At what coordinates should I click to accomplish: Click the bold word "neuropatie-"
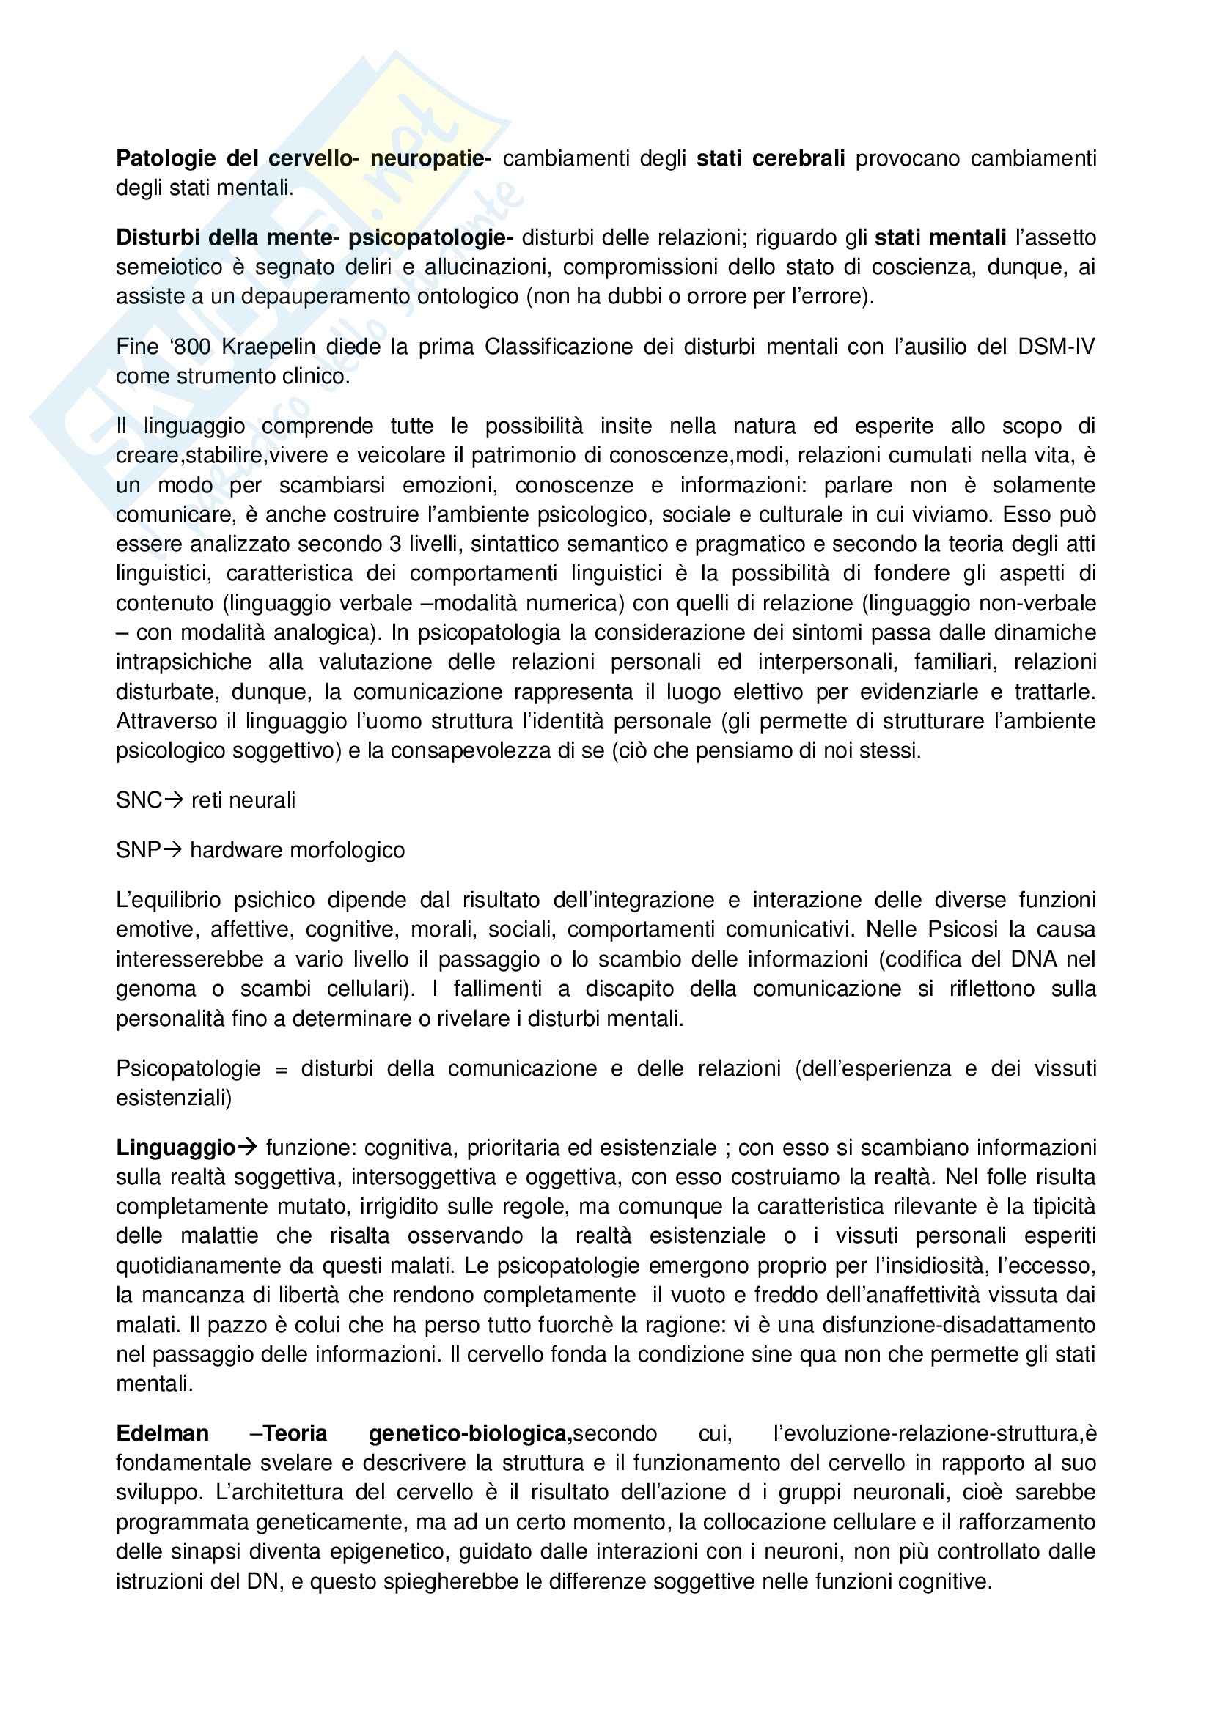click(431, 158)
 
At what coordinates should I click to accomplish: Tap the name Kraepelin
click(268, 347)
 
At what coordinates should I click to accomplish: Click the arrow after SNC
click(173, 800)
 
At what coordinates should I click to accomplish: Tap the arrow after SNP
click(172, 850)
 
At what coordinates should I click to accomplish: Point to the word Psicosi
click(963, 930)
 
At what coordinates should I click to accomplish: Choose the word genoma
click(155, 989)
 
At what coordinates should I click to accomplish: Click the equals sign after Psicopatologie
click(281, 1069)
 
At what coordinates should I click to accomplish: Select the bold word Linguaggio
click(176, 1148)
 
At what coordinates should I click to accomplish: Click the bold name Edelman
click(162, 1434)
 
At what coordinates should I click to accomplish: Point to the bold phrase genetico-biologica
click(470, 1434)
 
